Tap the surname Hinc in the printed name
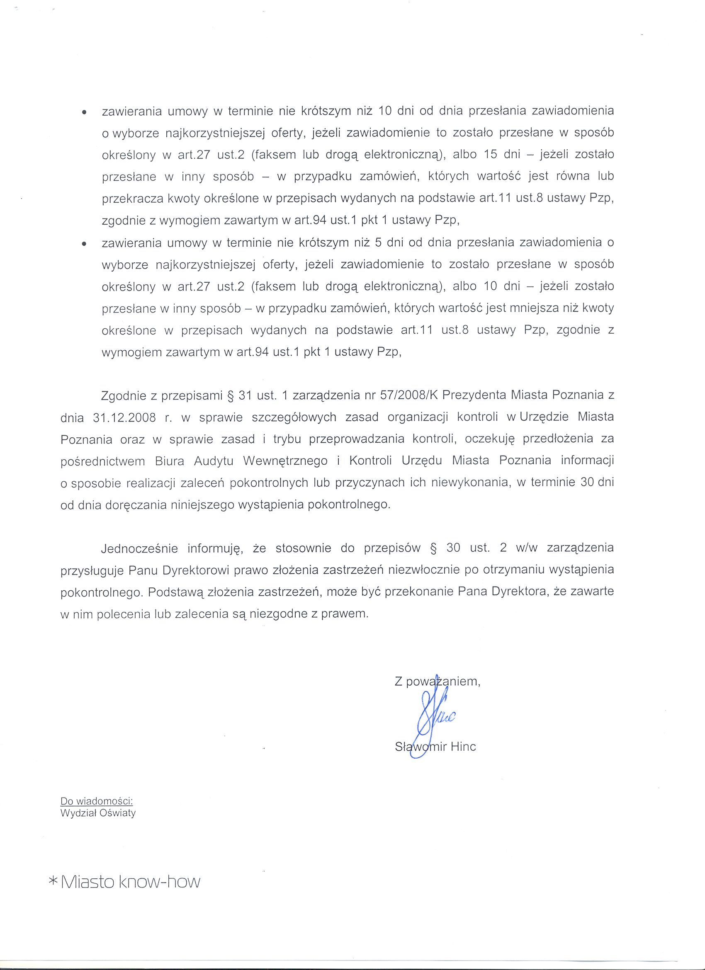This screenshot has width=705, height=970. [x=463, y=747]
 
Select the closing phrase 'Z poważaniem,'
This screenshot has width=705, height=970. [x=438, y=681]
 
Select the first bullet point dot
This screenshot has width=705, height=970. [x=84, y=112]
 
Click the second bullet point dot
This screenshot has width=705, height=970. [x=84, y=244]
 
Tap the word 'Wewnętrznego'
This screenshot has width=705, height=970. [x=285, y=461]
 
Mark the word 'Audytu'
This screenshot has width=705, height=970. [x=214, y=461]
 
